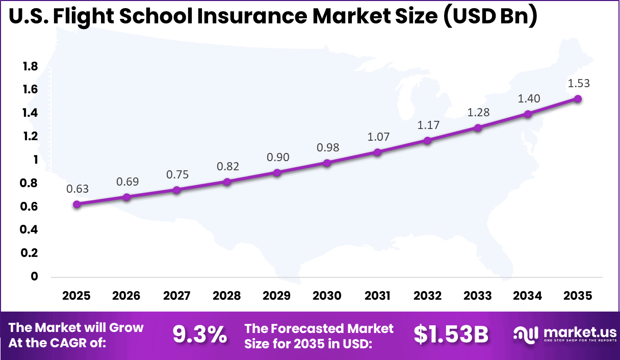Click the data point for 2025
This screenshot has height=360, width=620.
pos(77,204)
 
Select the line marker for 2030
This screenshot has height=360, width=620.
pos(327,163)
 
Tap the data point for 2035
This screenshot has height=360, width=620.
pos(578,98)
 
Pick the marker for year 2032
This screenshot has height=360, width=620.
pos(427,140)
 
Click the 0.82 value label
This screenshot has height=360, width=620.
pos(227,166)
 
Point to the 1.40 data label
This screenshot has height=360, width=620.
pos(528,98)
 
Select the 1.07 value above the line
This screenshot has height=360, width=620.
pos(377,137)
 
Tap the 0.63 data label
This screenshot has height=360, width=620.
pos(77,189)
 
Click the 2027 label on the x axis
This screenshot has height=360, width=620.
pos(177,296)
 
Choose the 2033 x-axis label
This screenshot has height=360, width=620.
pos(478,296)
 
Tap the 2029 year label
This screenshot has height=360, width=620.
pos(277,296)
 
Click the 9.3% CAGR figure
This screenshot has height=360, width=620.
pos(199,335)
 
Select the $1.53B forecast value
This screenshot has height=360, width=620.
pos(451,335)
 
